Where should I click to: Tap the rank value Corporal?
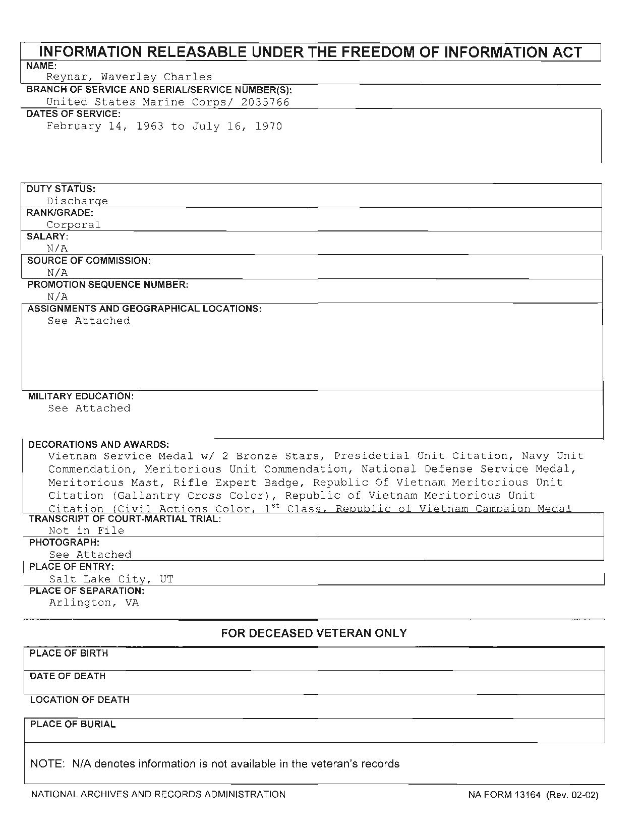[74, 225]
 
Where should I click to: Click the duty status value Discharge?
[77, 201]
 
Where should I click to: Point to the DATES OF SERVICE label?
[74, 114]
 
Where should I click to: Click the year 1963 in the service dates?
[150, 126]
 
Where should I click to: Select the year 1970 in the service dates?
[268, 126]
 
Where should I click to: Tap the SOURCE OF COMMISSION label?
[89, 261]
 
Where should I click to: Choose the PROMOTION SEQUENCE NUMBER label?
[108, 285]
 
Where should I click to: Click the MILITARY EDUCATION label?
[81, 396]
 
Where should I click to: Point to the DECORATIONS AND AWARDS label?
[98, 445]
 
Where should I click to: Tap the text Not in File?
[86, 530]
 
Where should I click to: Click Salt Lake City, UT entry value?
[111, 579]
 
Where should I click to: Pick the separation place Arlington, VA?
[94, 603]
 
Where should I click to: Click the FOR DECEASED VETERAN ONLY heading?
[314, 633]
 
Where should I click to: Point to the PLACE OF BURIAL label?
[73, 724]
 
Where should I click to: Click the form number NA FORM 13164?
[504, 795]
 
